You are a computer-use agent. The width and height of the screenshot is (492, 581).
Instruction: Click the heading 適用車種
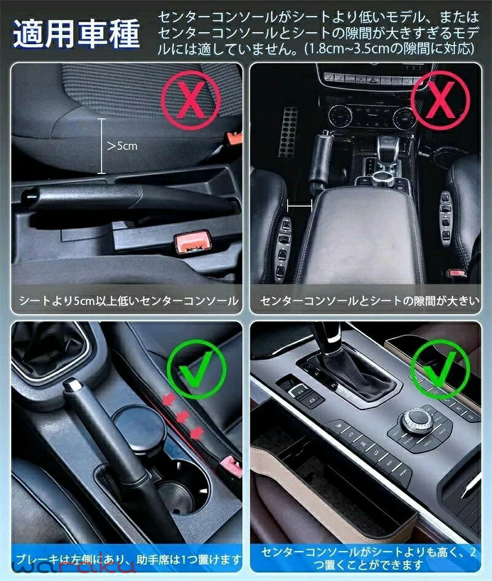pos(76,34)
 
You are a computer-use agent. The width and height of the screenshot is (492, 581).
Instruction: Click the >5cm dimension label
pos(122,146)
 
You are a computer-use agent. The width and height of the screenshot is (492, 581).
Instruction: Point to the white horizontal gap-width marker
pos(300,205)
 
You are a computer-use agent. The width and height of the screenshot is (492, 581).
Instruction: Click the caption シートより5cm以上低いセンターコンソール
pos(129,301)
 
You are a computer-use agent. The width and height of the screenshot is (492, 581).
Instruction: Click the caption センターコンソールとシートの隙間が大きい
pos(370,301)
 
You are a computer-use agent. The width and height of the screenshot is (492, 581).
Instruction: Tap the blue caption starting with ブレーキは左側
pos(129,558)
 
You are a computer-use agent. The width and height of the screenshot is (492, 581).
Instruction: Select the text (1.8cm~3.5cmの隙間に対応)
pos(389,49)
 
